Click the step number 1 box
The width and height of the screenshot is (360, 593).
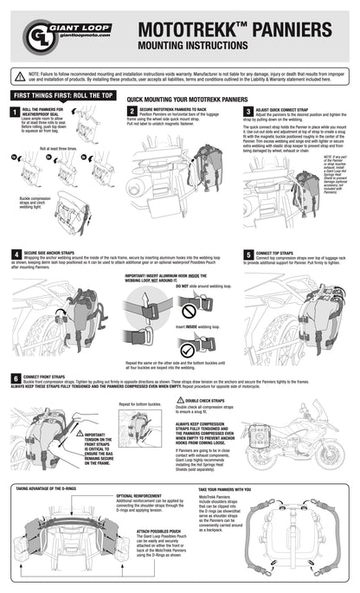(x=14, y=112)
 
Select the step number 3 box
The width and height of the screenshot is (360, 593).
(x=248, y=112)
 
